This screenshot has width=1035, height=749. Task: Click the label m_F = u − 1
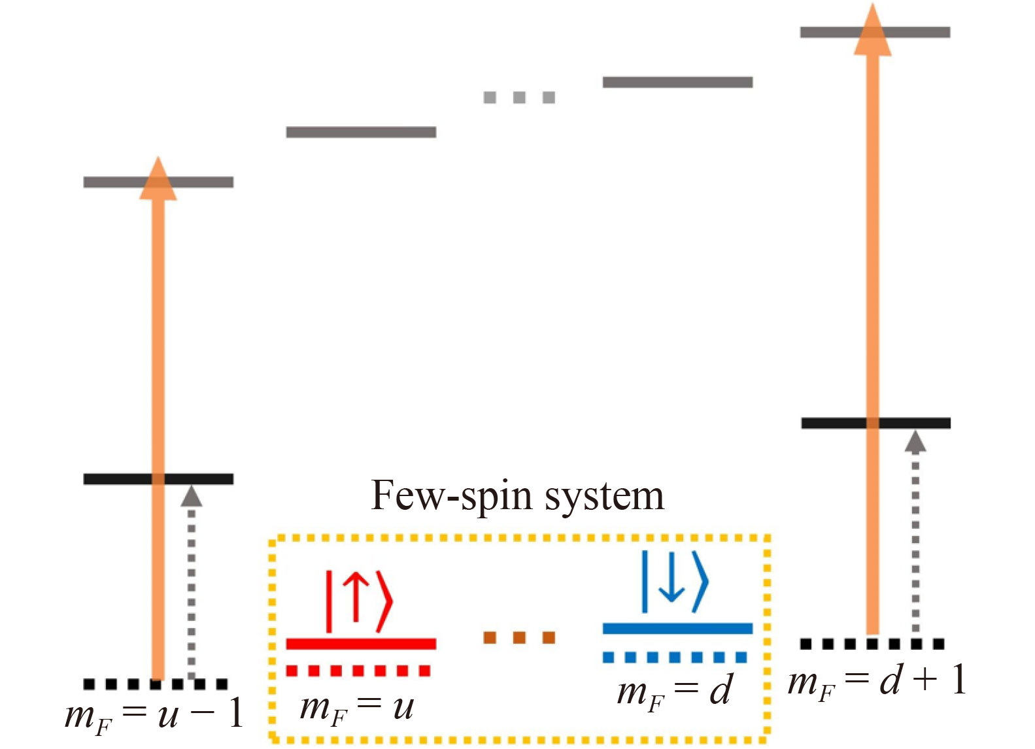[154, 714]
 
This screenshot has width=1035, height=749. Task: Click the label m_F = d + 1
[877, 681]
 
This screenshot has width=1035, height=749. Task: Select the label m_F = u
[356, 708]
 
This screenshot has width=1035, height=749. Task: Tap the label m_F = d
[674, 691]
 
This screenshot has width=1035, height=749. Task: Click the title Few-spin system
[517, 495]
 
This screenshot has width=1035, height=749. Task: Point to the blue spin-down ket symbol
[675, 582]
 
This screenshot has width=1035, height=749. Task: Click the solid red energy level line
[361, 644]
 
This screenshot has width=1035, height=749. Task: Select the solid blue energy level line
[677, 628]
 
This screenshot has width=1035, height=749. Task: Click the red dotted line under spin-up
[358, 671]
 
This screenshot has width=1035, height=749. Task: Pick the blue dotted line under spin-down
[675, 657]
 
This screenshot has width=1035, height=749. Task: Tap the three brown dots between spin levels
[519, 637]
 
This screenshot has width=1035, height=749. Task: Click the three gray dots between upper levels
[519, 97]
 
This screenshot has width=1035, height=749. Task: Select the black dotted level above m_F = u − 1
[156, 684]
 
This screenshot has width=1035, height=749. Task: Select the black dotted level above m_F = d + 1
[872, 644]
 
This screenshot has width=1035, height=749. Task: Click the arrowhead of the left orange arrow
[158, 179]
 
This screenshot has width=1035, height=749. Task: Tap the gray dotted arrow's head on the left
[191, 496]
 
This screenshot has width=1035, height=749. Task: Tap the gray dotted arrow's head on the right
[915, 442]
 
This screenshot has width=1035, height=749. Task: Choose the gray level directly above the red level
[361, 132]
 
